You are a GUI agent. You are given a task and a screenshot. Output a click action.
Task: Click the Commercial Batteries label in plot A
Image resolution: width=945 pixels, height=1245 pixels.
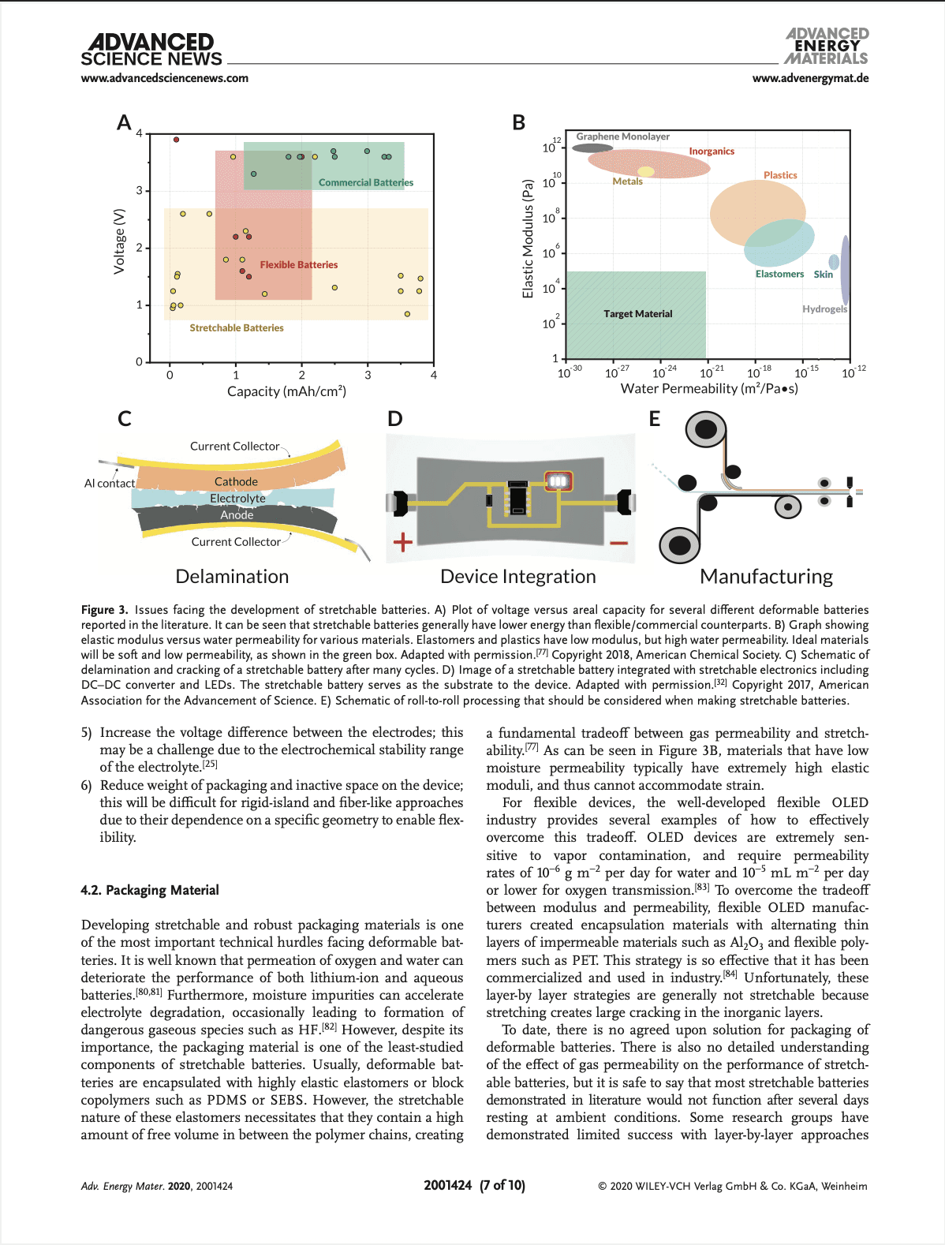point(365,182)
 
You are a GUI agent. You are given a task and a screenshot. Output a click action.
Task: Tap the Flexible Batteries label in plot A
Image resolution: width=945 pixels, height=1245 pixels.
point(298,265)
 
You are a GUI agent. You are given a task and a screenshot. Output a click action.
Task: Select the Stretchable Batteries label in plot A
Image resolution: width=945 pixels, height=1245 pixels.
point(237,328)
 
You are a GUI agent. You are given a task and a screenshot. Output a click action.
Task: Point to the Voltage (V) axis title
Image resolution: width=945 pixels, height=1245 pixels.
point(120,241)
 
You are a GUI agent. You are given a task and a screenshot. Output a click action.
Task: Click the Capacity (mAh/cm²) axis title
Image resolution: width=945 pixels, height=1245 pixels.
point(286,391)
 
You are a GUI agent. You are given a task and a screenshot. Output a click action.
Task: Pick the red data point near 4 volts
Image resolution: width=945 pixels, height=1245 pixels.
point(176,140)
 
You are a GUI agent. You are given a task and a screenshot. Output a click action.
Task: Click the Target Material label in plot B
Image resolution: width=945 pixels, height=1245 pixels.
point(637,314)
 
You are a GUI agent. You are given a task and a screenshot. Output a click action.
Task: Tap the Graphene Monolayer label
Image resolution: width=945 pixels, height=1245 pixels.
point(622,136)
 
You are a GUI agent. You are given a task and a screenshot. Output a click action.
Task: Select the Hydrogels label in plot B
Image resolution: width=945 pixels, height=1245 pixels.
point(824,309)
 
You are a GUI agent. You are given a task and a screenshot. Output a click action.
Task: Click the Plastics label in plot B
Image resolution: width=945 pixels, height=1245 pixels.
point(780,175)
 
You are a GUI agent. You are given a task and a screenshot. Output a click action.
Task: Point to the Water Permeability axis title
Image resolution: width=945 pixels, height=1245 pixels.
point(709,388)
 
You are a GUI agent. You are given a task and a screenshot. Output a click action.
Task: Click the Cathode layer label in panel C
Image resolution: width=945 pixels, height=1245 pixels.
point(236,481)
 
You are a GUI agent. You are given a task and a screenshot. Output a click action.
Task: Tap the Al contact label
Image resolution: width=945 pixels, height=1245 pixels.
point(110,483)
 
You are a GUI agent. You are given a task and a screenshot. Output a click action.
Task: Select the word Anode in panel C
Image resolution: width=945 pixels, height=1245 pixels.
point(237,514)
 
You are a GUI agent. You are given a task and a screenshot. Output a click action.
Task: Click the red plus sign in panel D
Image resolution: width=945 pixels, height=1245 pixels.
point(403,541)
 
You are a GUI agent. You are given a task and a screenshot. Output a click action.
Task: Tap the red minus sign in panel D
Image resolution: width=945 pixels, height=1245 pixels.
point(618,543)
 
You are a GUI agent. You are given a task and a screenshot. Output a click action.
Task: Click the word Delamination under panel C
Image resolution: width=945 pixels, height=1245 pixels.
point(232,577)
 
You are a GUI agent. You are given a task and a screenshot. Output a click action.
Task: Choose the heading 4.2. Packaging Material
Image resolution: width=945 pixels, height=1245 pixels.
point(150,890)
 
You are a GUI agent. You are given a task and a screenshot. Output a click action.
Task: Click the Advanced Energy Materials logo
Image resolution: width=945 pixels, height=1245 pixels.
point(827,46)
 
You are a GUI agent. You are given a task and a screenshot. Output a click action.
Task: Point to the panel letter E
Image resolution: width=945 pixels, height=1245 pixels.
point(655,419)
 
